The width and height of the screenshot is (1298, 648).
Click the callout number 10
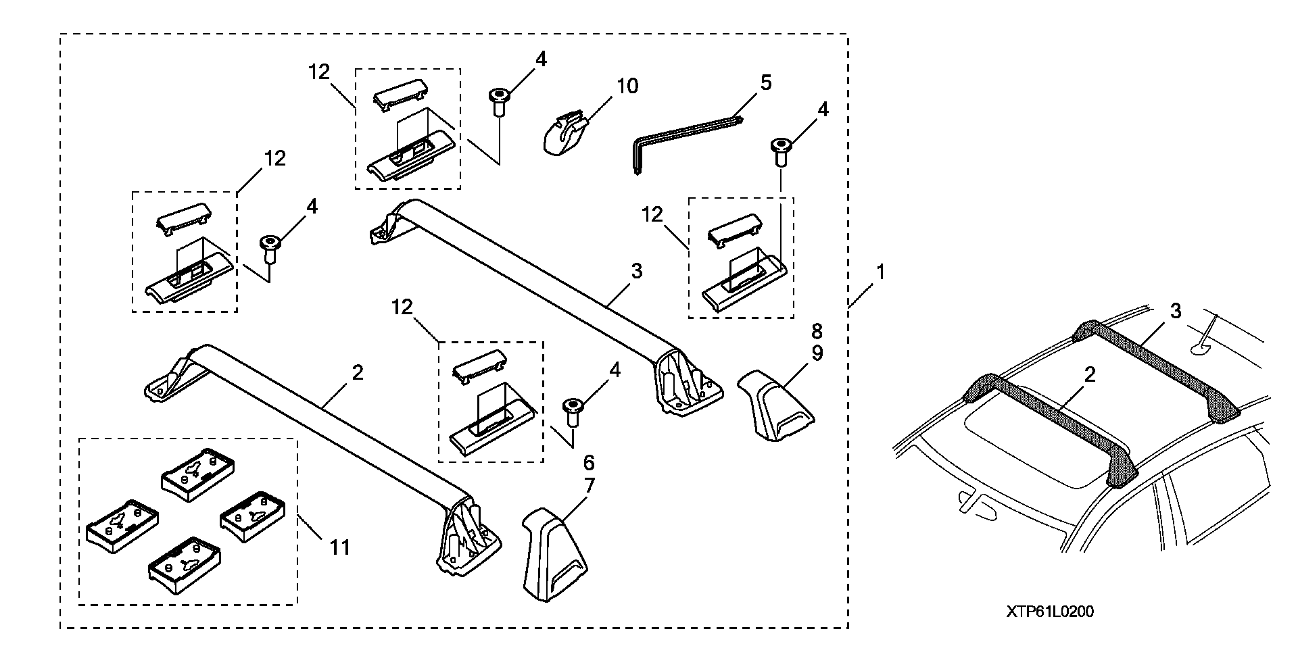627,87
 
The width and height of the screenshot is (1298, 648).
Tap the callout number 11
339,547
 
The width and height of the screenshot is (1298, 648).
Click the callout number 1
880,272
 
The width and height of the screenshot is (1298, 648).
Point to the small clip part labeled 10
565,133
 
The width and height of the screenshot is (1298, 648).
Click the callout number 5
765,83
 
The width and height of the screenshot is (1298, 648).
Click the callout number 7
588,484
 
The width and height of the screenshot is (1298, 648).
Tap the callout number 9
817,353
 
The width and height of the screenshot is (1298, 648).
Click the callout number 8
817,332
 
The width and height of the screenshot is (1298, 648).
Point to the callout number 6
588,463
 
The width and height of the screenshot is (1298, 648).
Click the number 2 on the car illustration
1089,375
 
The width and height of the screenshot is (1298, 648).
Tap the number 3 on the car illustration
1176,311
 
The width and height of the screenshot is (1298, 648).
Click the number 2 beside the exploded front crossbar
358,372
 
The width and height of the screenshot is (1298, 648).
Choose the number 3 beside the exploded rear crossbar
636,272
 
